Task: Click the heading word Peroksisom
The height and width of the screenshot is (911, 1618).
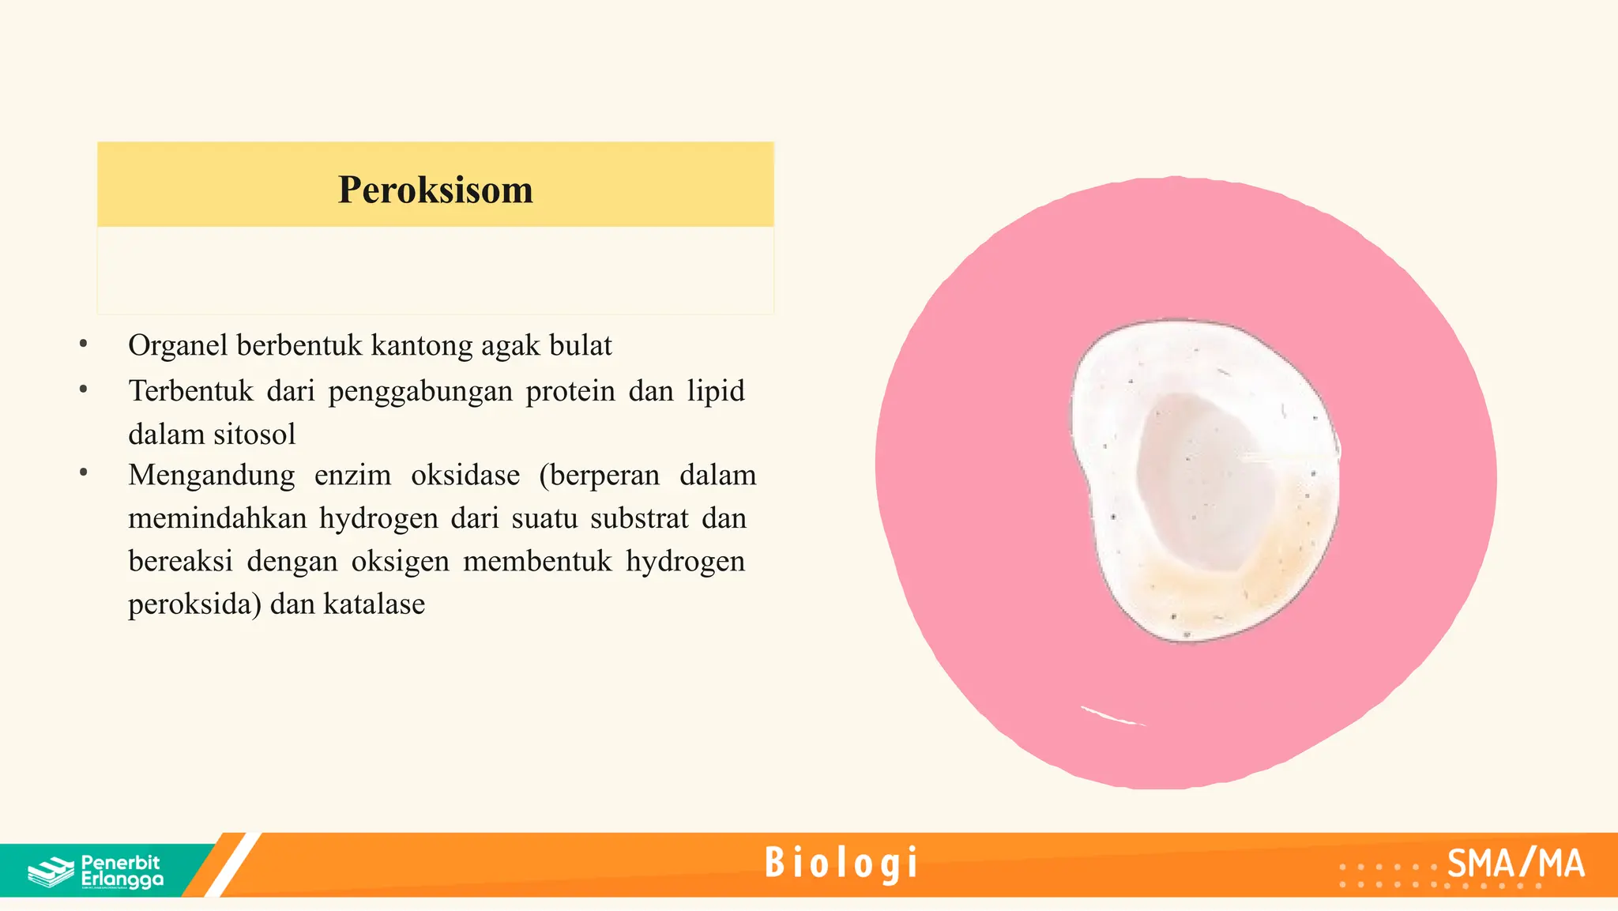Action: pyautogui.click(x=435, y=190)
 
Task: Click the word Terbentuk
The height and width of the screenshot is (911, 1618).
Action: pyautogui.click(x=190, y=391)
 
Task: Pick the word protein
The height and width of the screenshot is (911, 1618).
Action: pyautogui.click(x=570, y=391)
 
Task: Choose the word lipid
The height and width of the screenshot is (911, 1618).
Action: pyautogui.click(x=715, y=391)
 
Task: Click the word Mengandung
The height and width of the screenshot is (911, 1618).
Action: pyautogui.click(x=211, y=475)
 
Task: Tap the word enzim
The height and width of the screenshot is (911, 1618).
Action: pyautogui.click(x=352, y=475)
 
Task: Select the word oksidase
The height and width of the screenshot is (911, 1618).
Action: pyautogui.click(x=465, y=475)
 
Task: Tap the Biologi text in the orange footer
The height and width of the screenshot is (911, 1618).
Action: pyautogui.click(x=841, y=863)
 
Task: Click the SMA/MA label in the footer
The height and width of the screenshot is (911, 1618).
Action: pyautogui.click(x=1515, y=864)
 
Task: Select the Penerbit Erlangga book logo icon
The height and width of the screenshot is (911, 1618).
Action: pyautogui.click(x=51, y=871)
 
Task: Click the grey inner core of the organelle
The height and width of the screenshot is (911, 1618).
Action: pyautogui.click(x=1204, y=482)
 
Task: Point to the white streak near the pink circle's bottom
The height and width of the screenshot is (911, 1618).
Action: pyautogui.click(x=1111, y=716)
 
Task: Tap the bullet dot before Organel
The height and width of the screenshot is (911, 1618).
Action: pyautogui.click(x=83, y=344)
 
